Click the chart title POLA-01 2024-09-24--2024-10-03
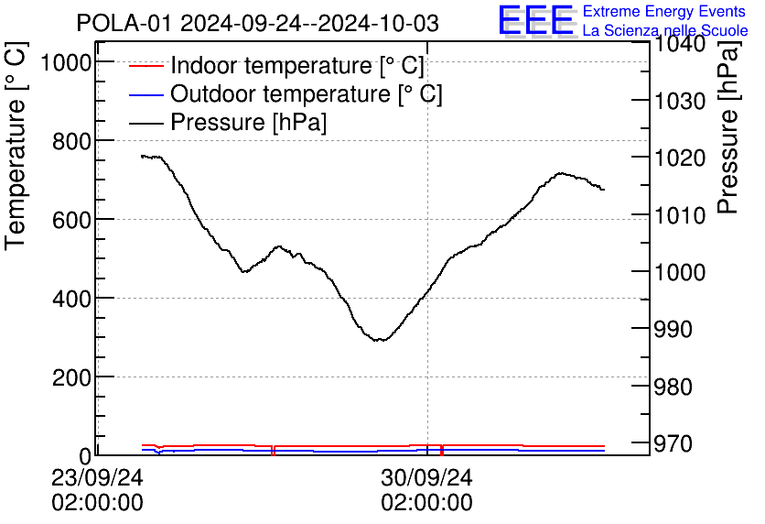click(x=257, y=23)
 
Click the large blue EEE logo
click(x=535, y=20)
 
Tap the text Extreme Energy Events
click(x=664, y=12)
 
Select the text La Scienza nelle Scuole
click(x=665, y=31)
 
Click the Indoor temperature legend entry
click(x=296, y=66)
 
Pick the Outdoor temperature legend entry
click(x=306, y=93)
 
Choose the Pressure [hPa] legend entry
click(x=248, y=122)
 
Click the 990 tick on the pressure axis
click(x=678, y=330)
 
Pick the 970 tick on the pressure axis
click(x=678, y=443)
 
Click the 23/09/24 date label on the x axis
click(x=96, y=477)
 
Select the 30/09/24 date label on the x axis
click(x=427, y=477)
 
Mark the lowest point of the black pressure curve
click(x=378, y=340)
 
